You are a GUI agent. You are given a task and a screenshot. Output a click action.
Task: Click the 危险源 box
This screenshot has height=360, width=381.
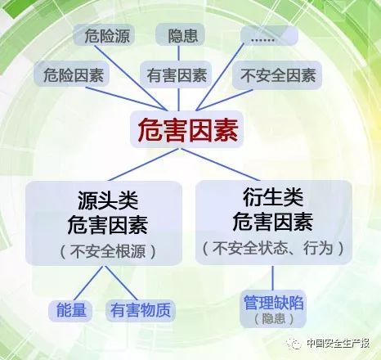104,35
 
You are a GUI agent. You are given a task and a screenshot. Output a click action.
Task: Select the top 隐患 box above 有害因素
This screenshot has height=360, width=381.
180,35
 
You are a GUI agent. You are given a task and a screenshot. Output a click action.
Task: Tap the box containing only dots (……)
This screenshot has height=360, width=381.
269,35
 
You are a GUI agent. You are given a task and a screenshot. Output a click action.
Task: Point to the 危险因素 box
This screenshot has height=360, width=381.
72,74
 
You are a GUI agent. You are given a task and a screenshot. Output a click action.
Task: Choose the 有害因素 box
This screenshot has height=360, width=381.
176,74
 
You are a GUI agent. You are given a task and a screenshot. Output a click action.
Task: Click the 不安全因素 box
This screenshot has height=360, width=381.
277,74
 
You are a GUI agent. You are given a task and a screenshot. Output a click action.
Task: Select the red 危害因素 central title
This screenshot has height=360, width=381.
187,129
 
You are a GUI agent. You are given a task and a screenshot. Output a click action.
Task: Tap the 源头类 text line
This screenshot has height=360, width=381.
108,200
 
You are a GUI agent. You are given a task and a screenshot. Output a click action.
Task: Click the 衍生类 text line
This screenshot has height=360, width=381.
273,197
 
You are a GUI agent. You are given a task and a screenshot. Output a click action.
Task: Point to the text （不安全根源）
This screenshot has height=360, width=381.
107,250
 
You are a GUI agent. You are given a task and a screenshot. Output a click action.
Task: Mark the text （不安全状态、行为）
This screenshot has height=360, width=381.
273,248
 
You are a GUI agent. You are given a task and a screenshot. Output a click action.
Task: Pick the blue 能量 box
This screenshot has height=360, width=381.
70,310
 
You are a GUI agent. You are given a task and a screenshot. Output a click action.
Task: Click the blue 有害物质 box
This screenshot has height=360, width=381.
140,310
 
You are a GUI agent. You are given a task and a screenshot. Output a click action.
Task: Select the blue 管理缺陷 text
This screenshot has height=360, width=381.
273,302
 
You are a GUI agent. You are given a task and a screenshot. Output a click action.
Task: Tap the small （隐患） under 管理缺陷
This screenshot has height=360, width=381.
273,318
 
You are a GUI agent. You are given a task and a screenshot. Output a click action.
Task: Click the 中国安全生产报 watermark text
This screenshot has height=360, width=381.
338,343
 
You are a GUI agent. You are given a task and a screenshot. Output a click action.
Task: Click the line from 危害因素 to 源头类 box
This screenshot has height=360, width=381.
144,164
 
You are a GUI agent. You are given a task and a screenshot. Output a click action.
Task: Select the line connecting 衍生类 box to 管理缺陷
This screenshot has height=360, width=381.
273,278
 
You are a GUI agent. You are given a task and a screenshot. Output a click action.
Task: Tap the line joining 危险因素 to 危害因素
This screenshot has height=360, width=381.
125,99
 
